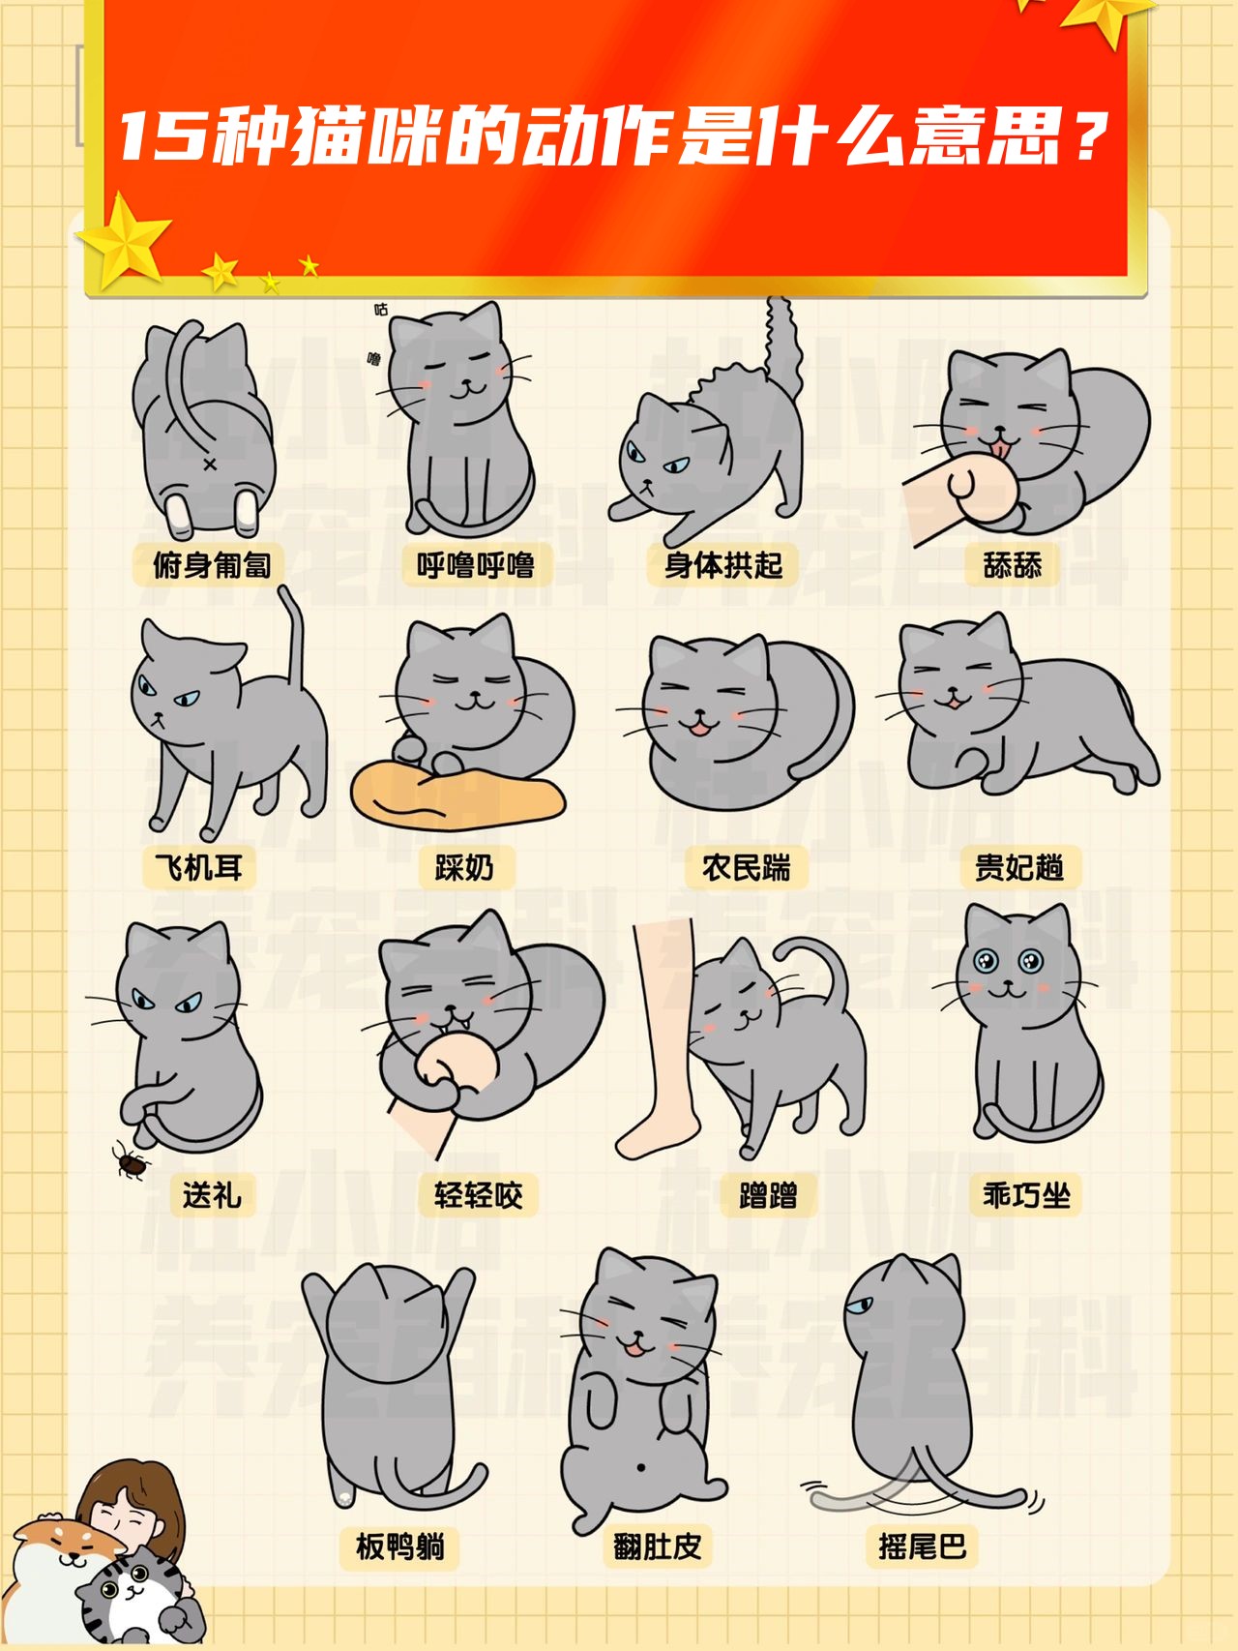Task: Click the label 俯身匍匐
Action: point(211,565)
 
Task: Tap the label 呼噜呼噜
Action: point(476,565)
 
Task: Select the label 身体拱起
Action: point(722,565)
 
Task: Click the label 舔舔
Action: point(1012,565)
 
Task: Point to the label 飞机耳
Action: point(198,867)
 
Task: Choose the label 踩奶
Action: point(464,867)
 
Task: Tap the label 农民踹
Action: point(746,867)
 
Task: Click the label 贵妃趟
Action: point(1018,867)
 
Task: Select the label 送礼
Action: point(212,1195)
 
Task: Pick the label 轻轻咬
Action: point(478,1195)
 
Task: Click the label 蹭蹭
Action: point(768,1195)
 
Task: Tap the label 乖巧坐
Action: point(1026,1195)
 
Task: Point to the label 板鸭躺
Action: point(399,1546)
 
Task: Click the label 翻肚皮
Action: point(657,1546)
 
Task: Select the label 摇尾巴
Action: point(922,1546)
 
